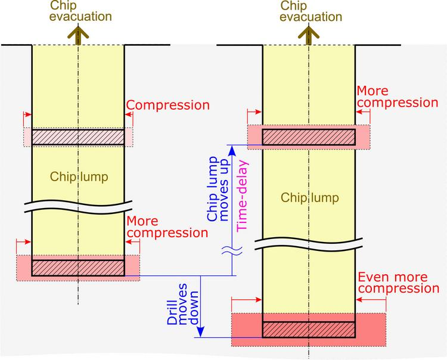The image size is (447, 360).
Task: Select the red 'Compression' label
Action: tap(169, 105)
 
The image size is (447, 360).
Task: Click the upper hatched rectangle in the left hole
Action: tap(77, 136)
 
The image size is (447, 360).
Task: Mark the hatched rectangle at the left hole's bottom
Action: tap(77, 268)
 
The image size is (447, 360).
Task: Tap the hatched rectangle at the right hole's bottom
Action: tap(309, 330)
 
